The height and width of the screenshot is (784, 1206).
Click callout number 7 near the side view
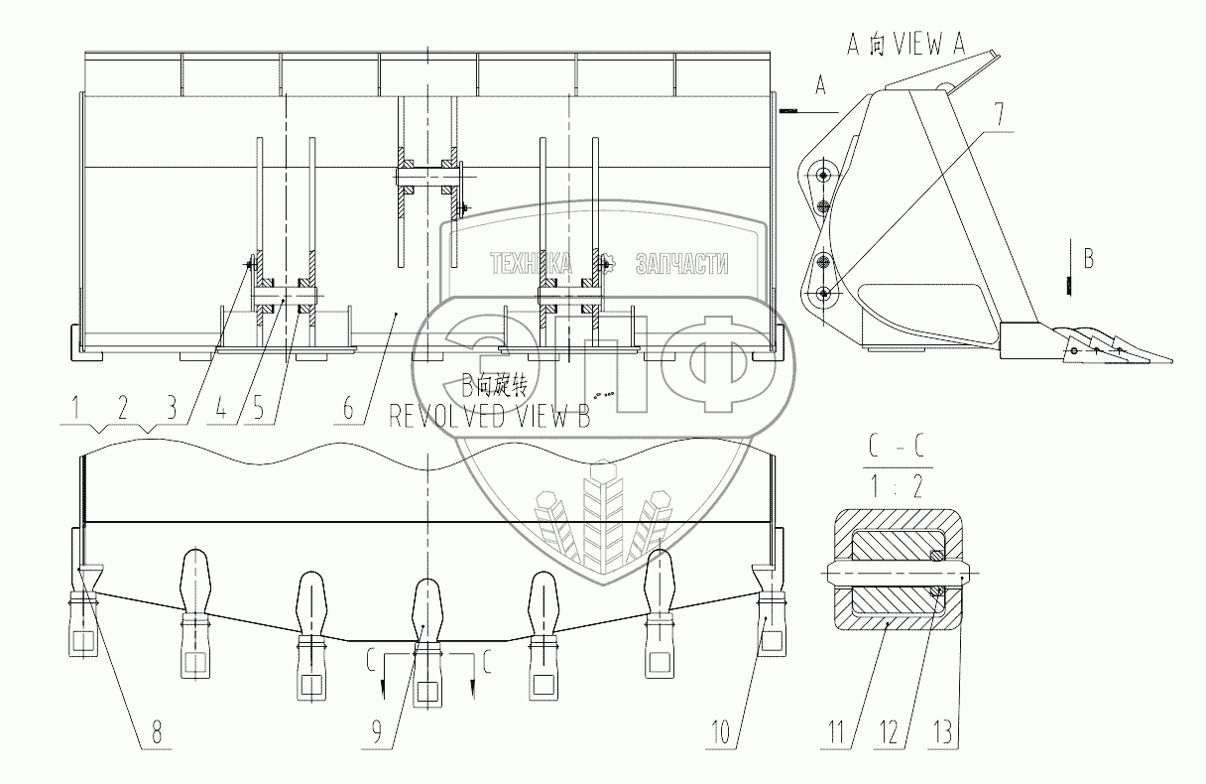[x=998, y=115]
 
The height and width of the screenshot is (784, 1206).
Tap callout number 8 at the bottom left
[x=156, y=732]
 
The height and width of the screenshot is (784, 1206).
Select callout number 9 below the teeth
[x=376, y=732]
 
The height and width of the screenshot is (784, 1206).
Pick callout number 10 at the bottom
[x=721, y=732]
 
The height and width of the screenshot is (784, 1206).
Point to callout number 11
[x=836, y=732]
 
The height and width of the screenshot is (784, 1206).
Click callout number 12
[x=889, y=732]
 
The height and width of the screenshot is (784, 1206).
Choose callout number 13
[x=942, y=732]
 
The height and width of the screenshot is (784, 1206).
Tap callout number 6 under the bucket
[x=348, y=408]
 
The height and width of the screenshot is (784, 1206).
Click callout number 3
[x=172, y=408]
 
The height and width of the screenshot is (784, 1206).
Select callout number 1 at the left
[x=76, y=408]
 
